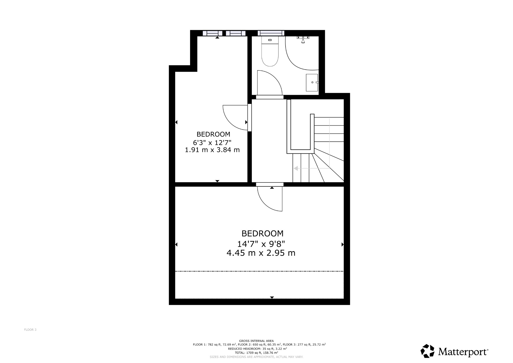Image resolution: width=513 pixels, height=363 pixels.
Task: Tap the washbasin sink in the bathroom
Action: [312, 82]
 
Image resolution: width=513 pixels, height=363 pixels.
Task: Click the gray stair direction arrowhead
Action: [296, 168]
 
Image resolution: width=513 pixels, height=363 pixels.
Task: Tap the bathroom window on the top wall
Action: [271, 33]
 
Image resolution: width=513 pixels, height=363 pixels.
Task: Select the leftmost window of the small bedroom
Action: [212, 33]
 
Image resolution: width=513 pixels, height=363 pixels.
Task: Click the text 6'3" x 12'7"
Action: [212, 143]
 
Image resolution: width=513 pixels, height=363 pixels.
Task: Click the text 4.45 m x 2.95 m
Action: [261, 253]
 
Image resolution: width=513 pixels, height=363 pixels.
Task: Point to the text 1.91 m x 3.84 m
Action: [212, 150]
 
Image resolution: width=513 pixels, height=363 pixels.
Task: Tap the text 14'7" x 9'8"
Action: [261, 244]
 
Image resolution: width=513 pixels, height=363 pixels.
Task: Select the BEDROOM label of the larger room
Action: [262, 233]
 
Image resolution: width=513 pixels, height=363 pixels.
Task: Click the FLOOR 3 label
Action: [30, 330]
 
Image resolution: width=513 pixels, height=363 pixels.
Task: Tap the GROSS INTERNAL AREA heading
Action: [256, 341]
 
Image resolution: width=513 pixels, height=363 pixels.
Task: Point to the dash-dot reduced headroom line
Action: [259, 271]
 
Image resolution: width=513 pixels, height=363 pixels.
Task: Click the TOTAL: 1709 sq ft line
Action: [256, 352]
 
